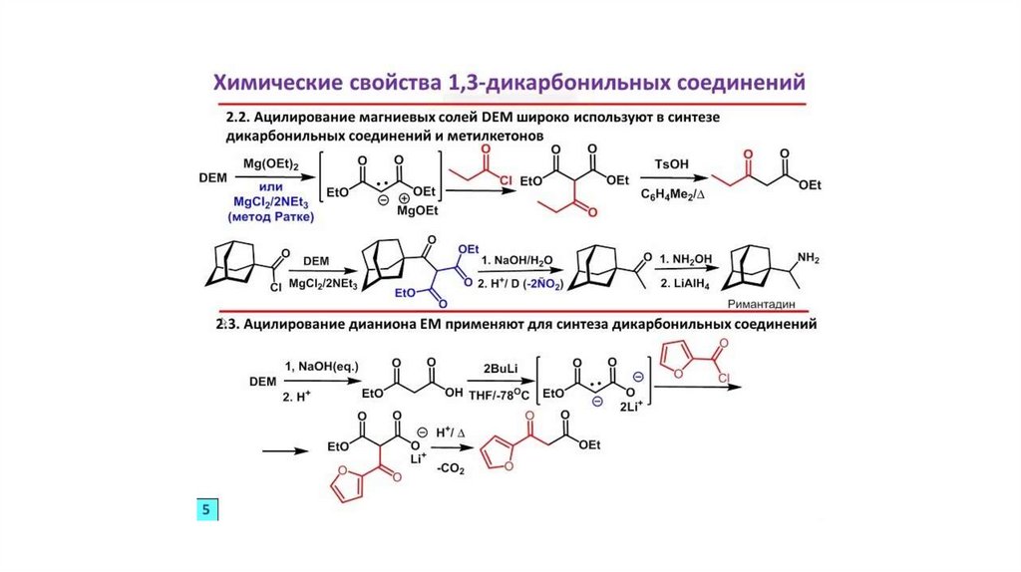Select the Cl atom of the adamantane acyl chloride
tap(281, 286)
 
